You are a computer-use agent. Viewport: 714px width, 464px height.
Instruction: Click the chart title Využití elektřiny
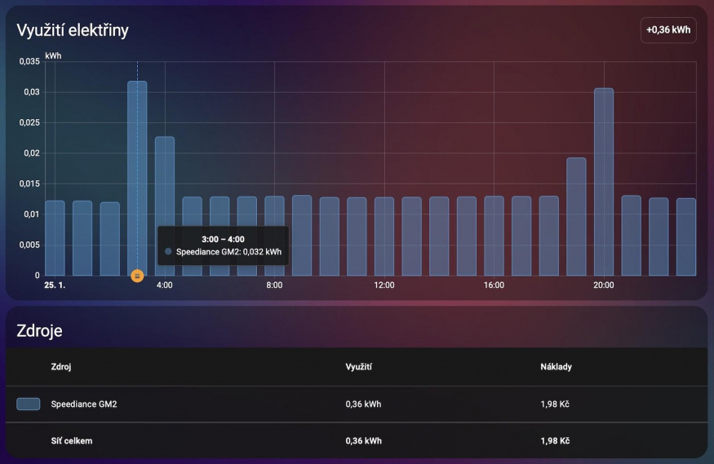pos(73,30)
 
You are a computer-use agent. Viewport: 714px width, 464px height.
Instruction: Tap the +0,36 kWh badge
pos(668,30)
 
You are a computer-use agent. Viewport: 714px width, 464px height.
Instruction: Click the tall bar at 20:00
pos(604,179)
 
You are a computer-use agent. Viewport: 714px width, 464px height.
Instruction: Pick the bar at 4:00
pos(165,204)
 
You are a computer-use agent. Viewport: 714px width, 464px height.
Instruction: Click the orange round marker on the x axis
pos(137,276)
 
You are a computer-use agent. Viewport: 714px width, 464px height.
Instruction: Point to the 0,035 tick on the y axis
pos(29,62)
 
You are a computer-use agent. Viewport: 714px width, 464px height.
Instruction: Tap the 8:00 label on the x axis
pos(274,285)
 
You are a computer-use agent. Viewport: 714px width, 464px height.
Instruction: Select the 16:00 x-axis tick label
pos(494,285)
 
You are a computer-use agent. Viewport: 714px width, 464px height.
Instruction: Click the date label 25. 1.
pos(55,285)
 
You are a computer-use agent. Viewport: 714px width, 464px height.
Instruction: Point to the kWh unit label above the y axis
pos(53,56)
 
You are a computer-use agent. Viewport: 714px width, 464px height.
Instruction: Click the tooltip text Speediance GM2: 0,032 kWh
pos(228,252)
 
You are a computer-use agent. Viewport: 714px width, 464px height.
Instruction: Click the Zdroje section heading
pos(39,330)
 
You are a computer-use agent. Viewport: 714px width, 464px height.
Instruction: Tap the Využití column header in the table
pos(359,367)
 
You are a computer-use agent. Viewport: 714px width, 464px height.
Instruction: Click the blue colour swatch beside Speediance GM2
pos(29,404)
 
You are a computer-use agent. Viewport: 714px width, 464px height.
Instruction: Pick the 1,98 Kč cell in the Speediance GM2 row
pos(554,404)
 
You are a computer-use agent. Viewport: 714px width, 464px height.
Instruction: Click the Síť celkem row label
pos(72,440)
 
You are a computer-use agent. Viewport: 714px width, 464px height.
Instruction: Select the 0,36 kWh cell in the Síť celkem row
pos(363,440)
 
